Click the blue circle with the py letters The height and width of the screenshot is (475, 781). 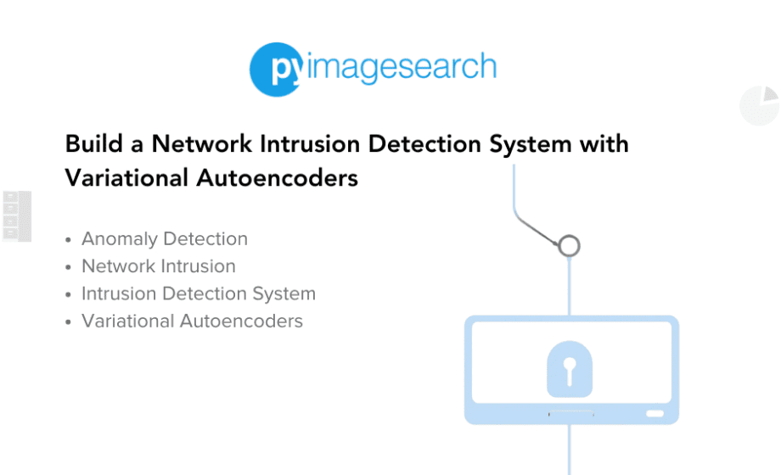click(x=276, y=70)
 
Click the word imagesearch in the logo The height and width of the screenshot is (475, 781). click(x=402, y=67)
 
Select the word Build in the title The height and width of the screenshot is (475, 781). click(x=94, y=144)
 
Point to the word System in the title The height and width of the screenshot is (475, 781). click(x=530, y=145)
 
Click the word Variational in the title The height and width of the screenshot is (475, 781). click(x=126, y=178)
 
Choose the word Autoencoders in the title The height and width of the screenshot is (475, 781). click(x=277, y=178)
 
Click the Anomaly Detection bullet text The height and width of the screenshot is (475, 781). click(x=165, y=239)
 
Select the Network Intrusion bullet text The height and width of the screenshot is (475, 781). click(x=159, y=266)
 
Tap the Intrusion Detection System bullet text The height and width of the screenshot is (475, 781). click(x=199, y=293)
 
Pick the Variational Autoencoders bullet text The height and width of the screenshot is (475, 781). click(x=192, y=321)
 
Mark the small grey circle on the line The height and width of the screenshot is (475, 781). click(x=570, y=246)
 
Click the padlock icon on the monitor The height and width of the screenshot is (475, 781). click(x=570, y=369)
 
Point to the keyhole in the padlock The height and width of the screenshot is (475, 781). click(x=570, y=371)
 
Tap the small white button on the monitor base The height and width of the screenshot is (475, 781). click(x=655, y=413)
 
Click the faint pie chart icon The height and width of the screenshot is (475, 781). click(x=759, y=105)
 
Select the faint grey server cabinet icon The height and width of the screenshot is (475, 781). click(x=17, y=216)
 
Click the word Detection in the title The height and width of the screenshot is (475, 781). click(x=424, y=144)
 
